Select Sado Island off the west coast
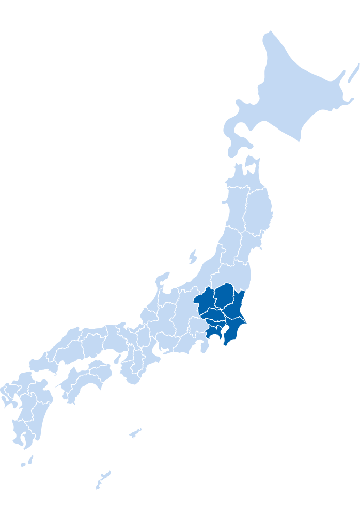tap(193, 256)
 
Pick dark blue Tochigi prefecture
tap(225, 295)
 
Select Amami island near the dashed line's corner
tap(135, 432)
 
